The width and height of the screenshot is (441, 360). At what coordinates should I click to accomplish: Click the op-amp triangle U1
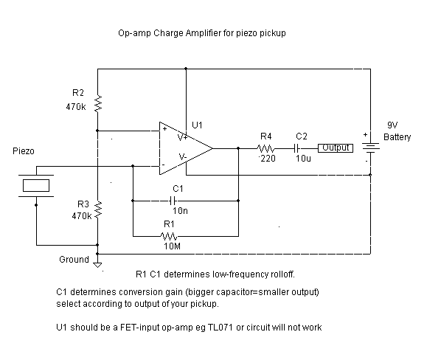184,148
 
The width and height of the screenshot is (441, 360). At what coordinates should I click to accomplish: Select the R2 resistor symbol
97,105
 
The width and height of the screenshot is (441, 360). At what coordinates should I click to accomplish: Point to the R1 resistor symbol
170,236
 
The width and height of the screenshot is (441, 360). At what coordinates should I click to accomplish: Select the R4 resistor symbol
265,148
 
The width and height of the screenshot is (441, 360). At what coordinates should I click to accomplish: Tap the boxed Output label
334,148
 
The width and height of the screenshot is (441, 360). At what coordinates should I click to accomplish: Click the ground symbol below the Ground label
97,264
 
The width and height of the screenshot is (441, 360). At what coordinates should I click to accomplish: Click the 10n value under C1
180,210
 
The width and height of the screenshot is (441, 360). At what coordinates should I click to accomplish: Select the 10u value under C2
302,159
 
